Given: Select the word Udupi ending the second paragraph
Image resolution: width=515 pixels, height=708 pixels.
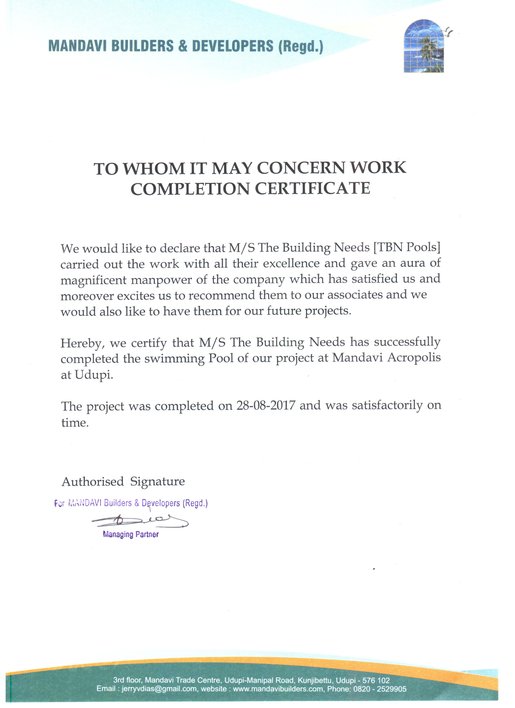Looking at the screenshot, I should point(93,375).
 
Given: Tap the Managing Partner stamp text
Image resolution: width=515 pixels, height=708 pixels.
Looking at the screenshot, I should point(131,535).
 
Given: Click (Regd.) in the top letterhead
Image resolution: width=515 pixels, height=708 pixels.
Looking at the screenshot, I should point(301,47).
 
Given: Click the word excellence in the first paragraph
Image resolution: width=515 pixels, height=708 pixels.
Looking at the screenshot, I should point(291,263).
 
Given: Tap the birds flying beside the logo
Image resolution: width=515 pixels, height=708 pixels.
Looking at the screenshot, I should point(449,31).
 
